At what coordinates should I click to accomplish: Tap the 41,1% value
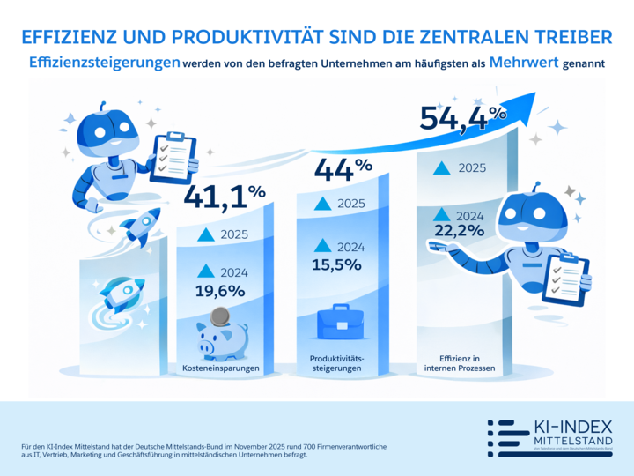point(225,197)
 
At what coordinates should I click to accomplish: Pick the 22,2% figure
point(459,231)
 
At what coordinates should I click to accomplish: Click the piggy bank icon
point(222,336)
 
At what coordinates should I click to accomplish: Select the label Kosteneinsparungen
point(221,368)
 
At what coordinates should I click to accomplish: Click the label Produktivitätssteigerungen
point(340,363)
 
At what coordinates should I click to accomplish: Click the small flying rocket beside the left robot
point(139,225)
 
